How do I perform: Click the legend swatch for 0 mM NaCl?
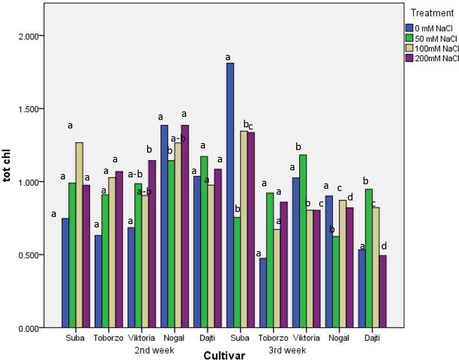point(409,27)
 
